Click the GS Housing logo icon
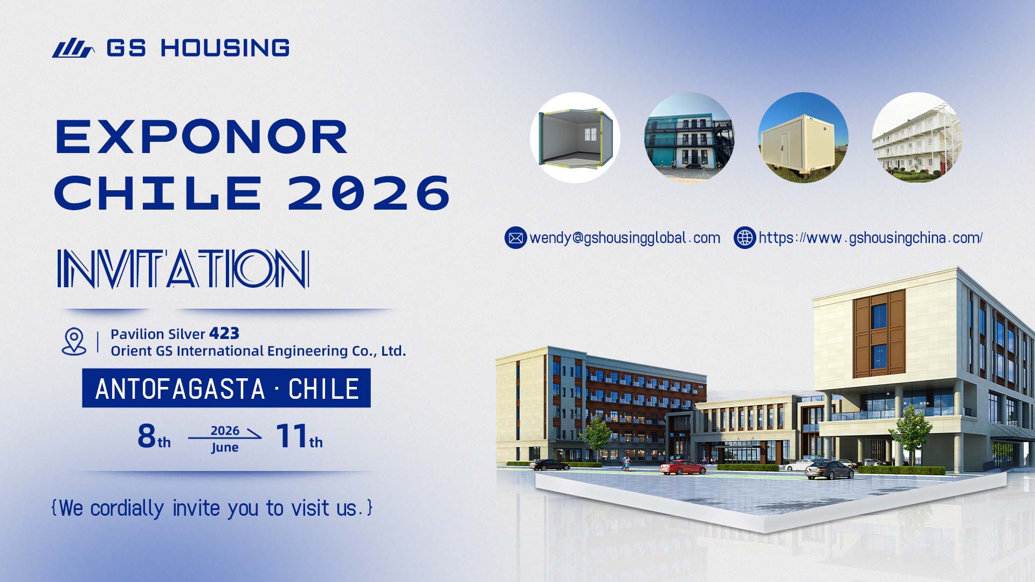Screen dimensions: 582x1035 click(73, 48)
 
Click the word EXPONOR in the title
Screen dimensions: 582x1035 click(202, 137)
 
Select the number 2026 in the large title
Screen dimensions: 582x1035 click(369, 193)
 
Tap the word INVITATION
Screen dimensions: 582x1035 click(183, 268)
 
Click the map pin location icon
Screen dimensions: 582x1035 click(74, 341)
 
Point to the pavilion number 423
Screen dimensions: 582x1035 click(224, 334)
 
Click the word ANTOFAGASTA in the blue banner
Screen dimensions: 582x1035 click(180, 389)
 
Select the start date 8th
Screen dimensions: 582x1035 click(154, 436)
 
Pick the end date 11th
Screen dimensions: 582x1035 click(299, 436)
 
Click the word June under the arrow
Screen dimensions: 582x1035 click(225, 447)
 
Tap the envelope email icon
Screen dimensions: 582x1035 click(515, 238)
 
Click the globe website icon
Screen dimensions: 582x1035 click(744, 238)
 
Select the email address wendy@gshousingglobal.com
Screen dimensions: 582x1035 click(625, 238)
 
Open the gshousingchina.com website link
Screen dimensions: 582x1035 click(871, 238)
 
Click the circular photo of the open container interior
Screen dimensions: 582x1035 click(575, 137)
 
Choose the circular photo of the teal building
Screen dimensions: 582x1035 click(689, 137)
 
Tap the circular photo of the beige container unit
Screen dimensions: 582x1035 click(803, 137)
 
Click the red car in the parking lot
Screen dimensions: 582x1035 click(682, 467)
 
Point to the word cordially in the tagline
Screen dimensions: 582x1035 click(127, 508)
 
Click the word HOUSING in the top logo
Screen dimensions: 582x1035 click(225, 48)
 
